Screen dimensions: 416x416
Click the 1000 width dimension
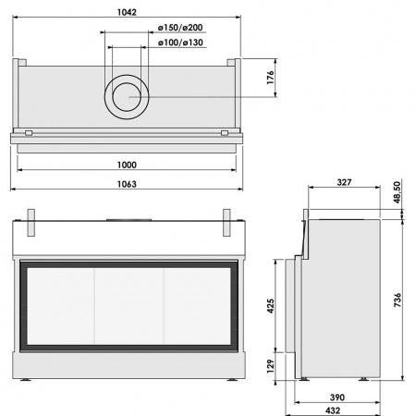pos(128,165)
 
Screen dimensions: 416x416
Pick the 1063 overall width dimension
pos(128,184)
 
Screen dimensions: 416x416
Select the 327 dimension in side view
pos(343,183)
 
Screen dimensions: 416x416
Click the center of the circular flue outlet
pos(128,96)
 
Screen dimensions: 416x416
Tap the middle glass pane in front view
pos(129,306)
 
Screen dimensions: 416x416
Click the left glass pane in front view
pos(61,306)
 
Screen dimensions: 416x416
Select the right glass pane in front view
pos(198,306)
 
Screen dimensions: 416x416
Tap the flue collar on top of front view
pos(128,220)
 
